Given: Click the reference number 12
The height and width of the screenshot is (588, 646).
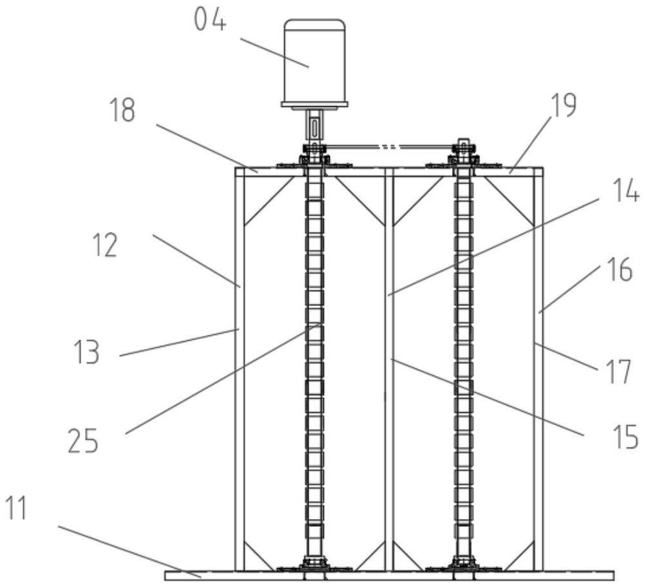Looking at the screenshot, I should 104,245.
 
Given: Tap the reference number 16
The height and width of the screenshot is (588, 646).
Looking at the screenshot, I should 620,271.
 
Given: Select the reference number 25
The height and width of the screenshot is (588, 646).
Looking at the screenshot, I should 84,442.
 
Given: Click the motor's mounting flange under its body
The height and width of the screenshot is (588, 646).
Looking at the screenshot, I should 314,104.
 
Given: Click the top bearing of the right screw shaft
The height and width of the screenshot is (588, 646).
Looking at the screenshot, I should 464,158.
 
